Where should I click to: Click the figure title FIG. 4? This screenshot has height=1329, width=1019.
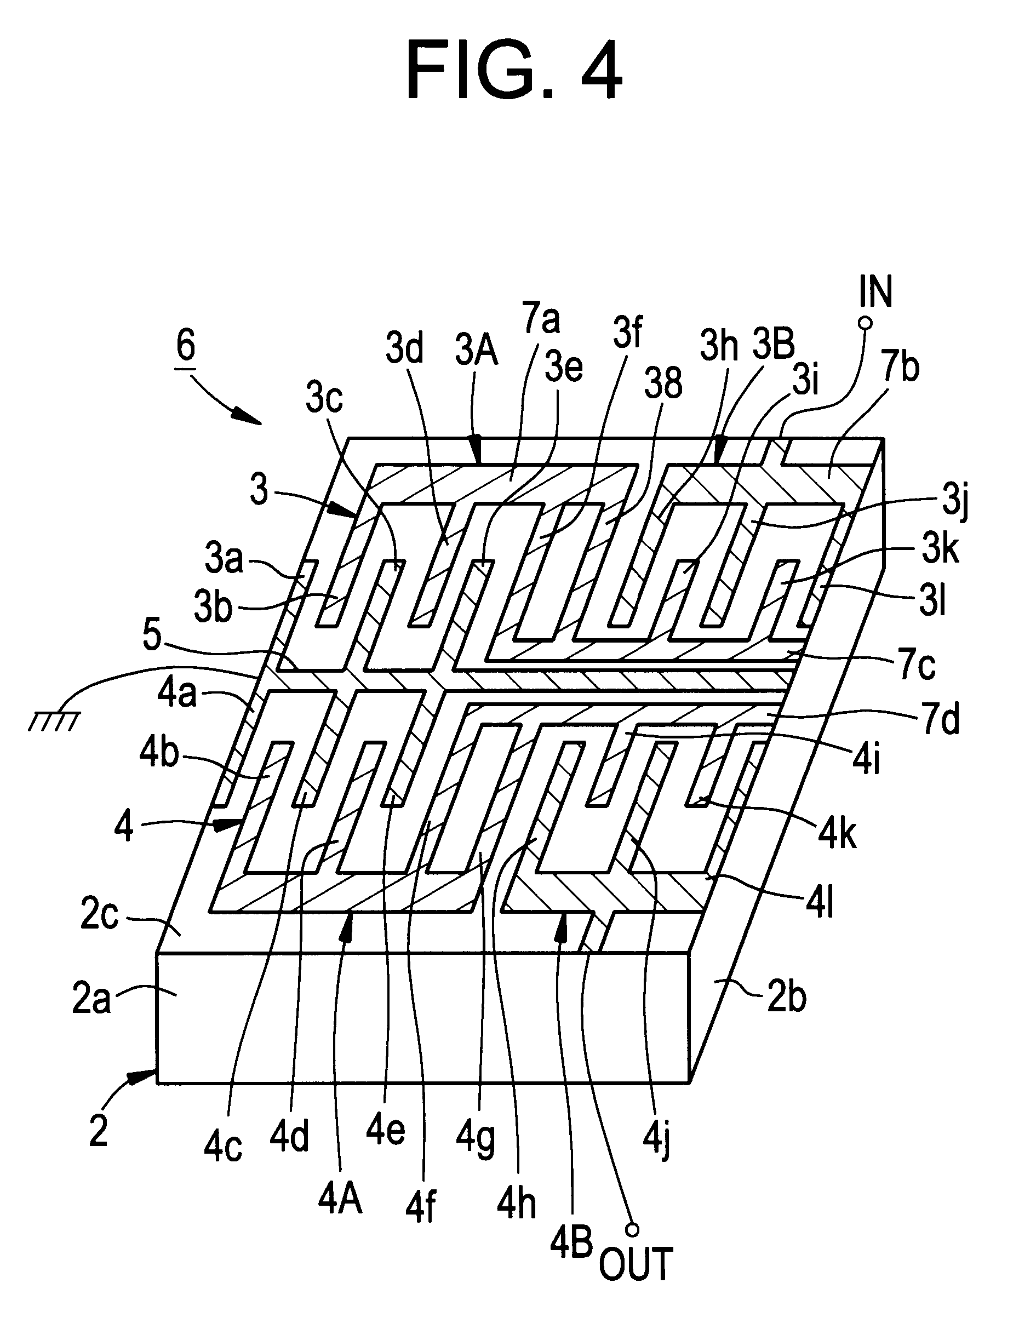tap(514, 71)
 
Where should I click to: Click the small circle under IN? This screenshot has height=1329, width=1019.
tap(866, 323)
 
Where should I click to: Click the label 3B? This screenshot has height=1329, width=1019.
tap(774, 344)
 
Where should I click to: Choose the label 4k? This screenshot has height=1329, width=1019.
tap(838, 833)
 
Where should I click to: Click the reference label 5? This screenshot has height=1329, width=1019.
tap(152, 635)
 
